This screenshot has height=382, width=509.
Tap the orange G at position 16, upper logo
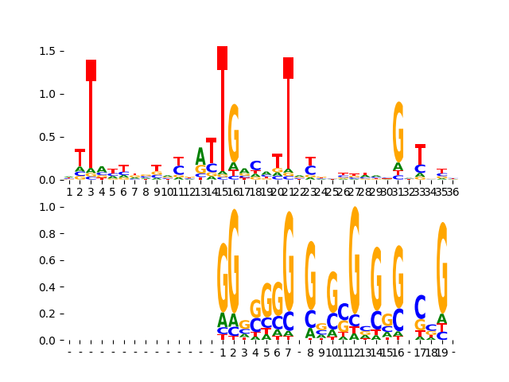click(233, 133)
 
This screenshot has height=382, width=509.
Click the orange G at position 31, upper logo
click(398, 131)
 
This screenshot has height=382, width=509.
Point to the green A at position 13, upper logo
click(200, 156)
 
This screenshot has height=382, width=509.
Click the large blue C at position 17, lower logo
click(420, 306)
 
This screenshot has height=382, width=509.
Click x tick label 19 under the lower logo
click(442, 352)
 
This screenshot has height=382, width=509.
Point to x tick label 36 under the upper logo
click(453, 192)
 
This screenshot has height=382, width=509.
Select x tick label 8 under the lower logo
click(310, 352)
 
